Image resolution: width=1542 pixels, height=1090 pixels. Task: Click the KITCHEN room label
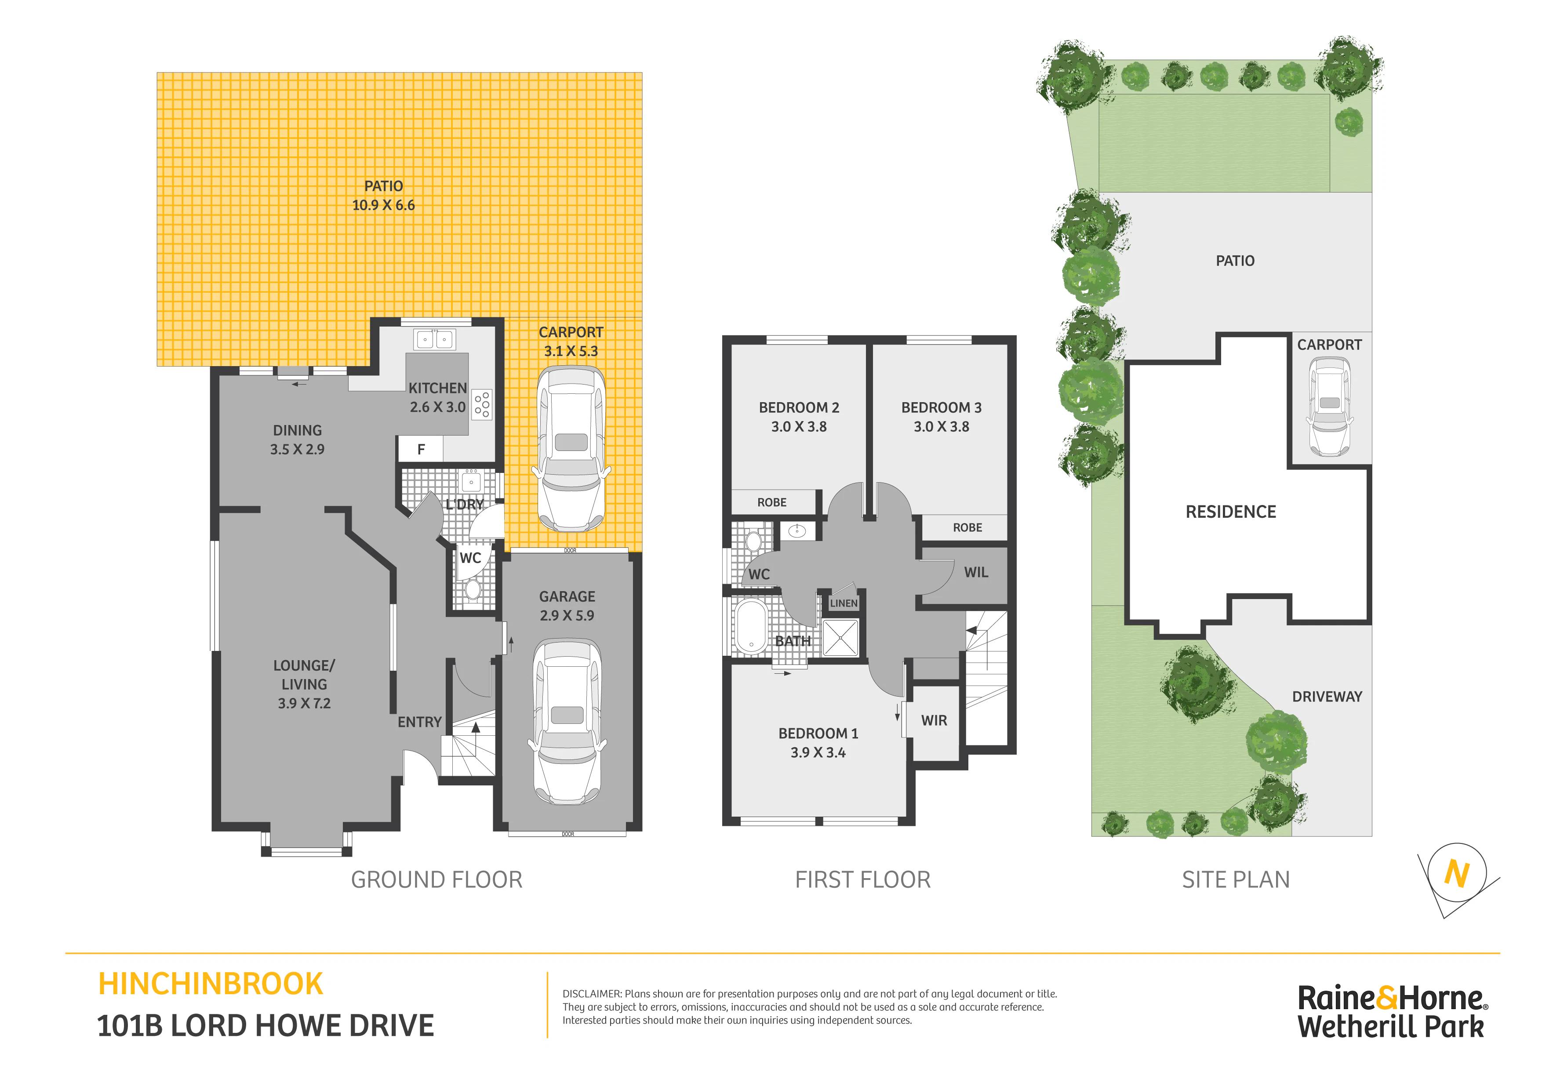437,388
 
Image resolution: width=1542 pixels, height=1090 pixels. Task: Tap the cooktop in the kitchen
481,404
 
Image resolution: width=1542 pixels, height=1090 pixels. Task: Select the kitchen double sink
435,339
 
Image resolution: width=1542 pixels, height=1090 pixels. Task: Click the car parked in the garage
567,722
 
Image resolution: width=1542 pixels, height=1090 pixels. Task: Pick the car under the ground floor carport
571,449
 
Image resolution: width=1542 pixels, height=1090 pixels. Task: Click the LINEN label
844,603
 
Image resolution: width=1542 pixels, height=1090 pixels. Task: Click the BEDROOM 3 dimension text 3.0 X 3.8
941,426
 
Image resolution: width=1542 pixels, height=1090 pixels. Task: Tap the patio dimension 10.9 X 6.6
383,205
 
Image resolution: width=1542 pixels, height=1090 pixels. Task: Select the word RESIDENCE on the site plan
1230,512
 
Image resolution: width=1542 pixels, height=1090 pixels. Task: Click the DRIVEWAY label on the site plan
1327,697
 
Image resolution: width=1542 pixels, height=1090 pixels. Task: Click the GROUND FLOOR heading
436,880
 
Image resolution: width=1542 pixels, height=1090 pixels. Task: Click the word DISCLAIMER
592,994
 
